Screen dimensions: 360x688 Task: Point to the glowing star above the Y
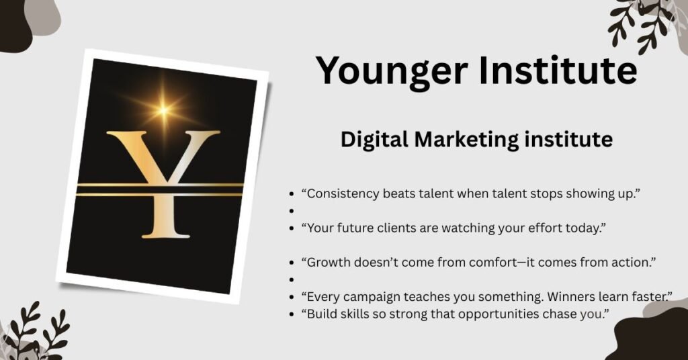pos(164,107)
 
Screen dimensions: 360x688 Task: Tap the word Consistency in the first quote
pos(343,193)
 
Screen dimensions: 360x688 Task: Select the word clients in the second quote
pos(392,228)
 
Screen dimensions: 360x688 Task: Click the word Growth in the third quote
pos(329,263)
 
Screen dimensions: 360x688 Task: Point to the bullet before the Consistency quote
pos(292,194)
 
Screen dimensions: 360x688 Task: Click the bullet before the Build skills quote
pos(292,314)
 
